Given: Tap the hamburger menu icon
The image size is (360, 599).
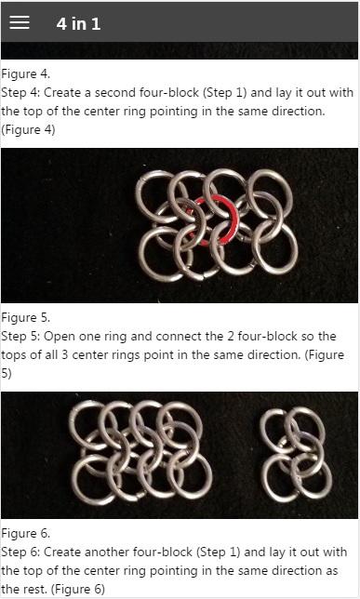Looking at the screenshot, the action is click(x=20, y=23).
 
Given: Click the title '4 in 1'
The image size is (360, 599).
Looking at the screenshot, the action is click(x=78, y=23).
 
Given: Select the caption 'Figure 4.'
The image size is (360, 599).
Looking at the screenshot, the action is click(x=26, y=73).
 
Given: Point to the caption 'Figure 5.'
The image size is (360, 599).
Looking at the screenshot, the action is click(x=26, y=317).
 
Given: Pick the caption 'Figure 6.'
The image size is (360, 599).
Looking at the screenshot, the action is click(x=26, y=533).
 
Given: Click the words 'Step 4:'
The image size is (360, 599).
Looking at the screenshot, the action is click(x=21, y=93).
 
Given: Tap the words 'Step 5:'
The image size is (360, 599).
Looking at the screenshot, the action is click(x=21, y=337).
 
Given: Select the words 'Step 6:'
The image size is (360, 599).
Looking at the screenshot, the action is click(x=21, y=552).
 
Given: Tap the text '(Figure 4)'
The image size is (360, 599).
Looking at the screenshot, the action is click(x=28, y=130).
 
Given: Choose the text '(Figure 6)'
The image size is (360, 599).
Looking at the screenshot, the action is click(x=78, y=590).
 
